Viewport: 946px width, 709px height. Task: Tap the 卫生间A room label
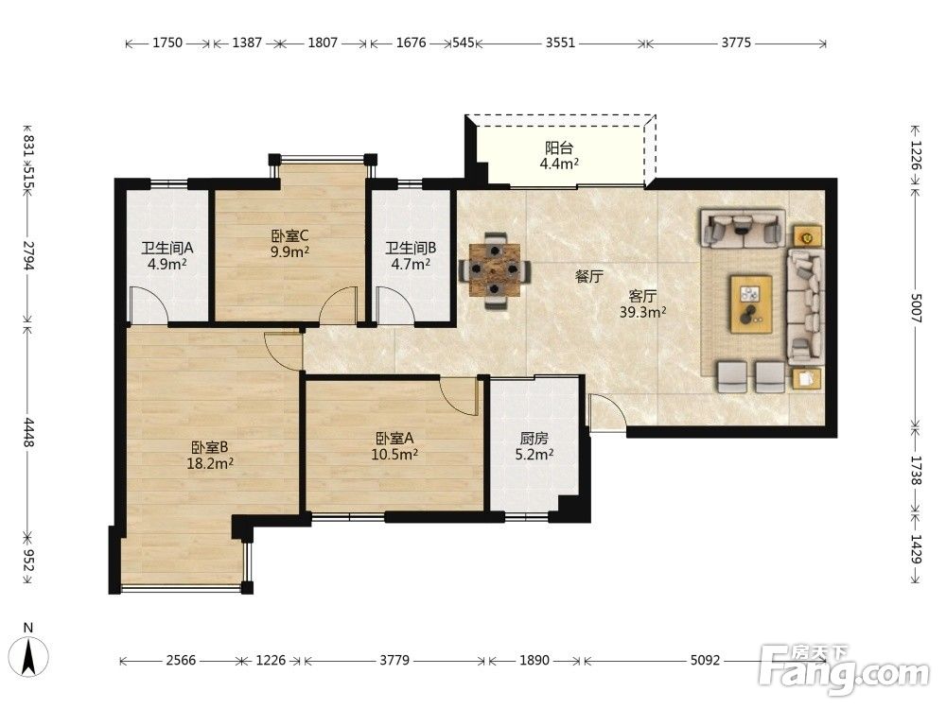click(167, 248)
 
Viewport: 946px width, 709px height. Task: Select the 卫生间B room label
click(411, 248)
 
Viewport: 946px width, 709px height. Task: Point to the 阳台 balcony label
click(559, 147)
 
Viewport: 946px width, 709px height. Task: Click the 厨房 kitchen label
click(534, 439)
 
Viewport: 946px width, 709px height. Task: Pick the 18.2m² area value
click(210, 463)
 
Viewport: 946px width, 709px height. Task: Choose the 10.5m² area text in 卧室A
click(394, 454)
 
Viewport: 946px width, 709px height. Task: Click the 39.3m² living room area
click(643, 312)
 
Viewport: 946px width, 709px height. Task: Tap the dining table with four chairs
click(496, 270)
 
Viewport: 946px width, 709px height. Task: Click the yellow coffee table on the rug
click(751, 303)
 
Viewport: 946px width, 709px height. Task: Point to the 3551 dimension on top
click(560, 43)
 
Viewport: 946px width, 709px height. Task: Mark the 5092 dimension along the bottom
click(706, 660)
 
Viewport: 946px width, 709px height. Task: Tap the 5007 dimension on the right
click(916, 307)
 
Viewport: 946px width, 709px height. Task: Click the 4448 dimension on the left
click(28, 432)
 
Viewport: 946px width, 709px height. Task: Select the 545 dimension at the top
click(464, 43)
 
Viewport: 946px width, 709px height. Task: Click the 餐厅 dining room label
click(589, 277)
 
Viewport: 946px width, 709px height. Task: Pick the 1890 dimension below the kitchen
click(534, 660)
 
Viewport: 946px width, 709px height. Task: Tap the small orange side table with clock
click(807, 237)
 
